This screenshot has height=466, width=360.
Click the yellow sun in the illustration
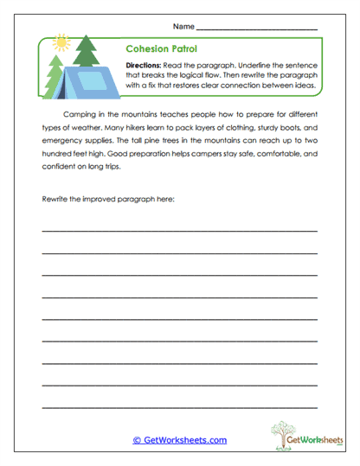[x=61, y=41]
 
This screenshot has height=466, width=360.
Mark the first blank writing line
[x=179, y=232]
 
